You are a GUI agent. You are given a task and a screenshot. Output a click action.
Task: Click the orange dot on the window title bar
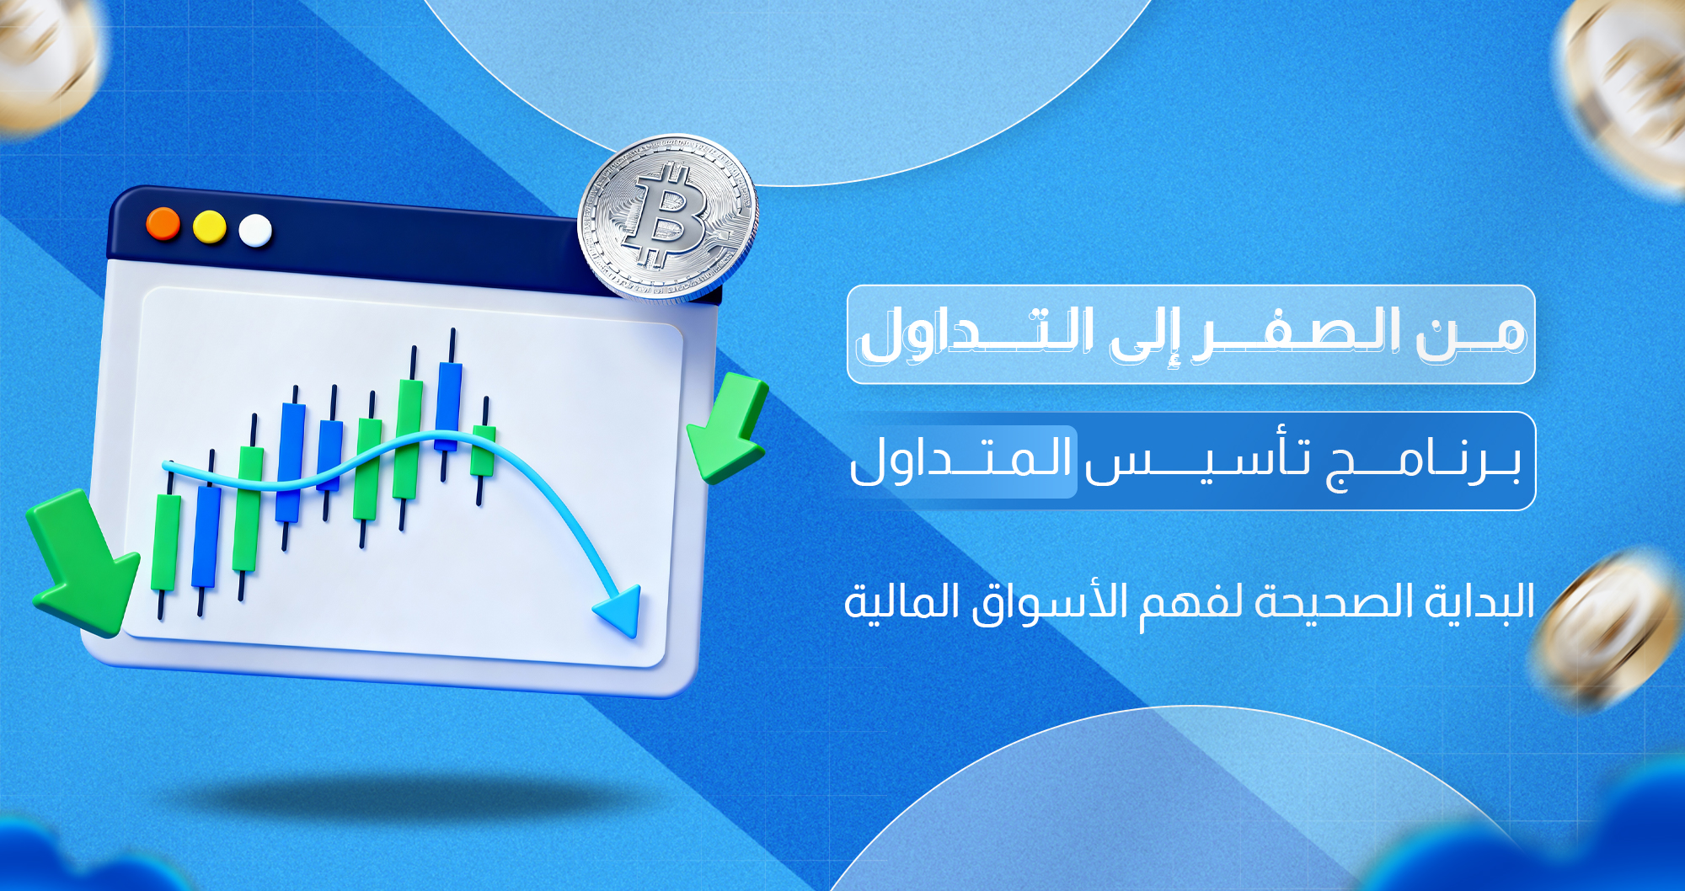coord(163,224)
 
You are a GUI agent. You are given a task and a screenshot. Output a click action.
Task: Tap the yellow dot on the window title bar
coord(210,227)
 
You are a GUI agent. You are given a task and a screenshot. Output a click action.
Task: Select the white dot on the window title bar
coord(255,231)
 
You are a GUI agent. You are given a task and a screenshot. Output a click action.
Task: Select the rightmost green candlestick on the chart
coord(484,451)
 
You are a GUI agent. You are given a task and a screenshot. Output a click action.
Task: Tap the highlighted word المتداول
coord(960,461)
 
